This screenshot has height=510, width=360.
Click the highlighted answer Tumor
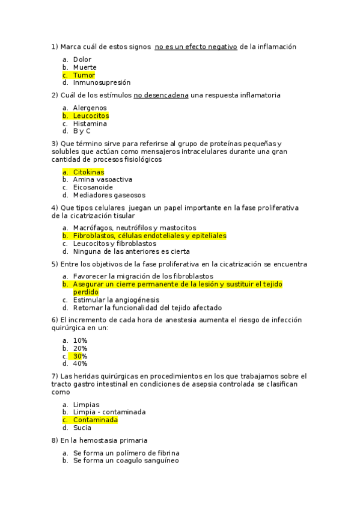pos(84,75)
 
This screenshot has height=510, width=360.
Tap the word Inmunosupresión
pos(102,83)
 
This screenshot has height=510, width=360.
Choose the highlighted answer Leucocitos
pos(91,115)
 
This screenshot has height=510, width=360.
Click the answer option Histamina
pos(90,123)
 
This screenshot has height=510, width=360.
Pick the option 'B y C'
pos(82,131)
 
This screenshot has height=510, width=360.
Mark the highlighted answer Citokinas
pos(88,172)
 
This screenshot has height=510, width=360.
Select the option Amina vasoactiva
pos(102,180)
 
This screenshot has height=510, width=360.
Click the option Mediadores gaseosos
pos(109,195)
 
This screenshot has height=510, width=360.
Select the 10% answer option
pos(80,340)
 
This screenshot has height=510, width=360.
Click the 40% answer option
pos(80,364)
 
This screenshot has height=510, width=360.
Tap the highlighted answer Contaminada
pos(95,420)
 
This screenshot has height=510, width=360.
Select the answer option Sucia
pos(82,428)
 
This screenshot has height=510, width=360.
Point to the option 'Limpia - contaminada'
pos(109,413)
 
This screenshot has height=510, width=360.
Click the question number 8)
pos(55,441)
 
